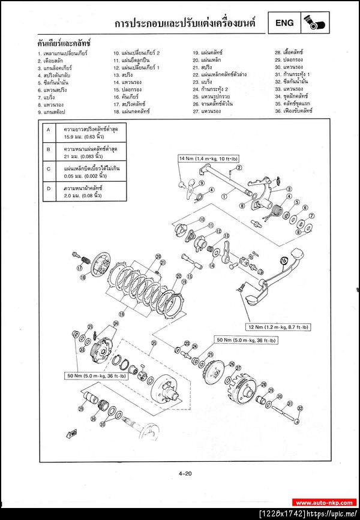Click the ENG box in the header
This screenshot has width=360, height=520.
pyautogui.click(x=284, y=23)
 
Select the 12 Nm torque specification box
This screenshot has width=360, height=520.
pyautogui.click(x=278, y=327)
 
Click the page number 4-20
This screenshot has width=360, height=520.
pyautogui.click(x=185, y=475)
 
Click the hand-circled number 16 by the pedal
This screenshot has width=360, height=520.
pyautogui.click(x=284, y=261)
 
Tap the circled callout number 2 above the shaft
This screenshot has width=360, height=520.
pyautogui.click(x=239, y=167)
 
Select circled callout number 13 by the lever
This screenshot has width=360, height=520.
pyautogui.click(x=218, y=231)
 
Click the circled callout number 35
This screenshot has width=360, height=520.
pyautogui.click(x=154, y=343)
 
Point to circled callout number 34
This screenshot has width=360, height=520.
pyautogui.click(x=116, y=323)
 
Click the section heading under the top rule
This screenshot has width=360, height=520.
pyautogui.click(x=64, y=44)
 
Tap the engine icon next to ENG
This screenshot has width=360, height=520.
pyautogui.click(x=314, y=23)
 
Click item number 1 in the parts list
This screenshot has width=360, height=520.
pyautogui.click(x=62, y=53)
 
